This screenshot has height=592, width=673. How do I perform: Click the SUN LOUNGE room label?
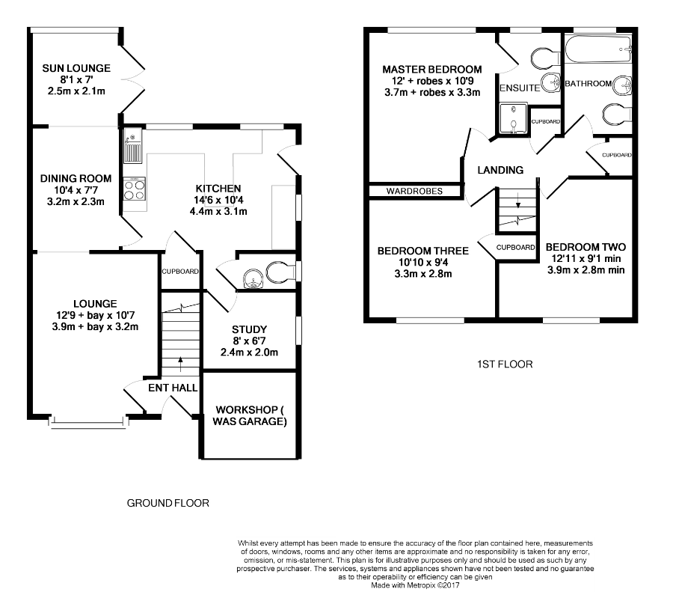[x=76, y=68]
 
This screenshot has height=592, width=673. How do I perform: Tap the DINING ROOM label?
[x=76, y=179]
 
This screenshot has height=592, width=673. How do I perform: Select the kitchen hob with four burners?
[x=135, y=189]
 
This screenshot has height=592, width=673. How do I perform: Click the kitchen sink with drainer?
[x=132, y=147]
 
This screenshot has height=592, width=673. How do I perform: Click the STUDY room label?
[x=249, y=329]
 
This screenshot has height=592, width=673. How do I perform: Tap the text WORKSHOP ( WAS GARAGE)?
[x=250, y=415]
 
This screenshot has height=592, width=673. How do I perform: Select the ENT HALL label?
[x=173, y=388]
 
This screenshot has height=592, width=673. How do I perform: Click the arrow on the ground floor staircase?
[x=180, y=364]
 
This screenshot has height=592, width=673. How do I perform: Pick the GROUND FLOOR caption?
[x=168, y=503]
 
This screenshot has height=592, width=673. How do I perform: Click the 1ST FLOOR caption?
[x=505, y=364]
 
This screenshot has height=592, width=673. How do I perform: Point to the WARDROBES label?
[x=414, y=191]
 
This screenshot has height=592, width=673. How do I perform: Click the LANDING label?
[x=500, y=170]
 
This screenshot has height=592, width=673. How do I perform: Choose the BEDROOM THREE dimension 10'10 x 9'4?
[x=423, y=262]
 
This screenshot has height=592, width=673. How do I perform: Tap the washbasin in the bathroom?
[x=622, y=85]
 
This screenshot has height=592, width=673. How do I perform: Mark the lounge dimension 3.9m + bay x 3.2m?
[x=95, y=326]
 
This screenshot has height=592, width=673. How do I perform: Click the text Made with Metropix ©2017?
[x=416, y=585]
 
